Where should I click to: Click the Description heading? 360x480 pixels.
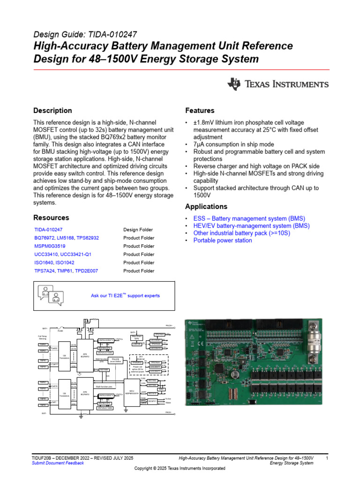click(x=52, y=111)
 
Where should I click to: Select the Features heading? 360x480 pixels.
click(x=200, y=111)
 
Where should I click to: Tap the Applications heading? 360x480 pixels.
click(x=206, y=207)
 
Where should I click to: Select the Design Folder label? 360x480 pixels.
click(x=138, y=230)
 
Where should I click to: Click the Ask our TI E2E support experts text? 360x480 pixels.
click(x=125, y=296)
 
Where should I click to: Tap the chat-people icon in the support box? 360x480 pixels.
click(x=50, y=296)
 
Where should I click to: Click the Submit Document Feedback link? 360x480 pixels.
click(x=58, y=463)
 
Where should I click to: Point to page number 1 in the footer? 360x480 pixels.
click(x=327, y=457)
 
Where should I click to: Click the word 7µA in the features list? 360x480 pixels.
click(x=199, y=144)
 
